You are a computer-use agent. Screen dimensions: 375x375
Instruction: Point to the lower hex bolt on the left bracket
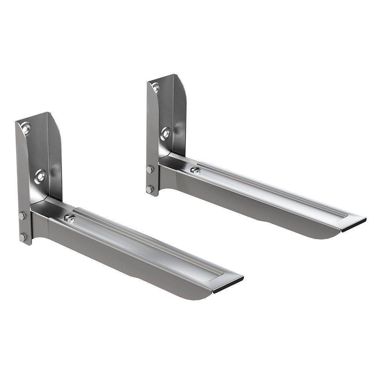(x=23, y=236)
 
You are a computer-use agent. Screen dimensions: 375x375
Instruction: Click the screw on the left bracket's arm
(x=69, y=217)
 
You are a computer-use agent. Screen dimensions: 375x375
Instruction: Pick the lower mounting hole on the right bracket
(x=165, y=133)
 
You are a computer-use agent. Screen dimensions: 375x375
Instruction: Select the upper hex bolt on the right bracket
(x=150, y=169)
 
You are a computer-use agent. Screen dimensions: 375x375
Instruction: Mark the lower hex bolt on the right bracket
(x=150, y=189)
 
